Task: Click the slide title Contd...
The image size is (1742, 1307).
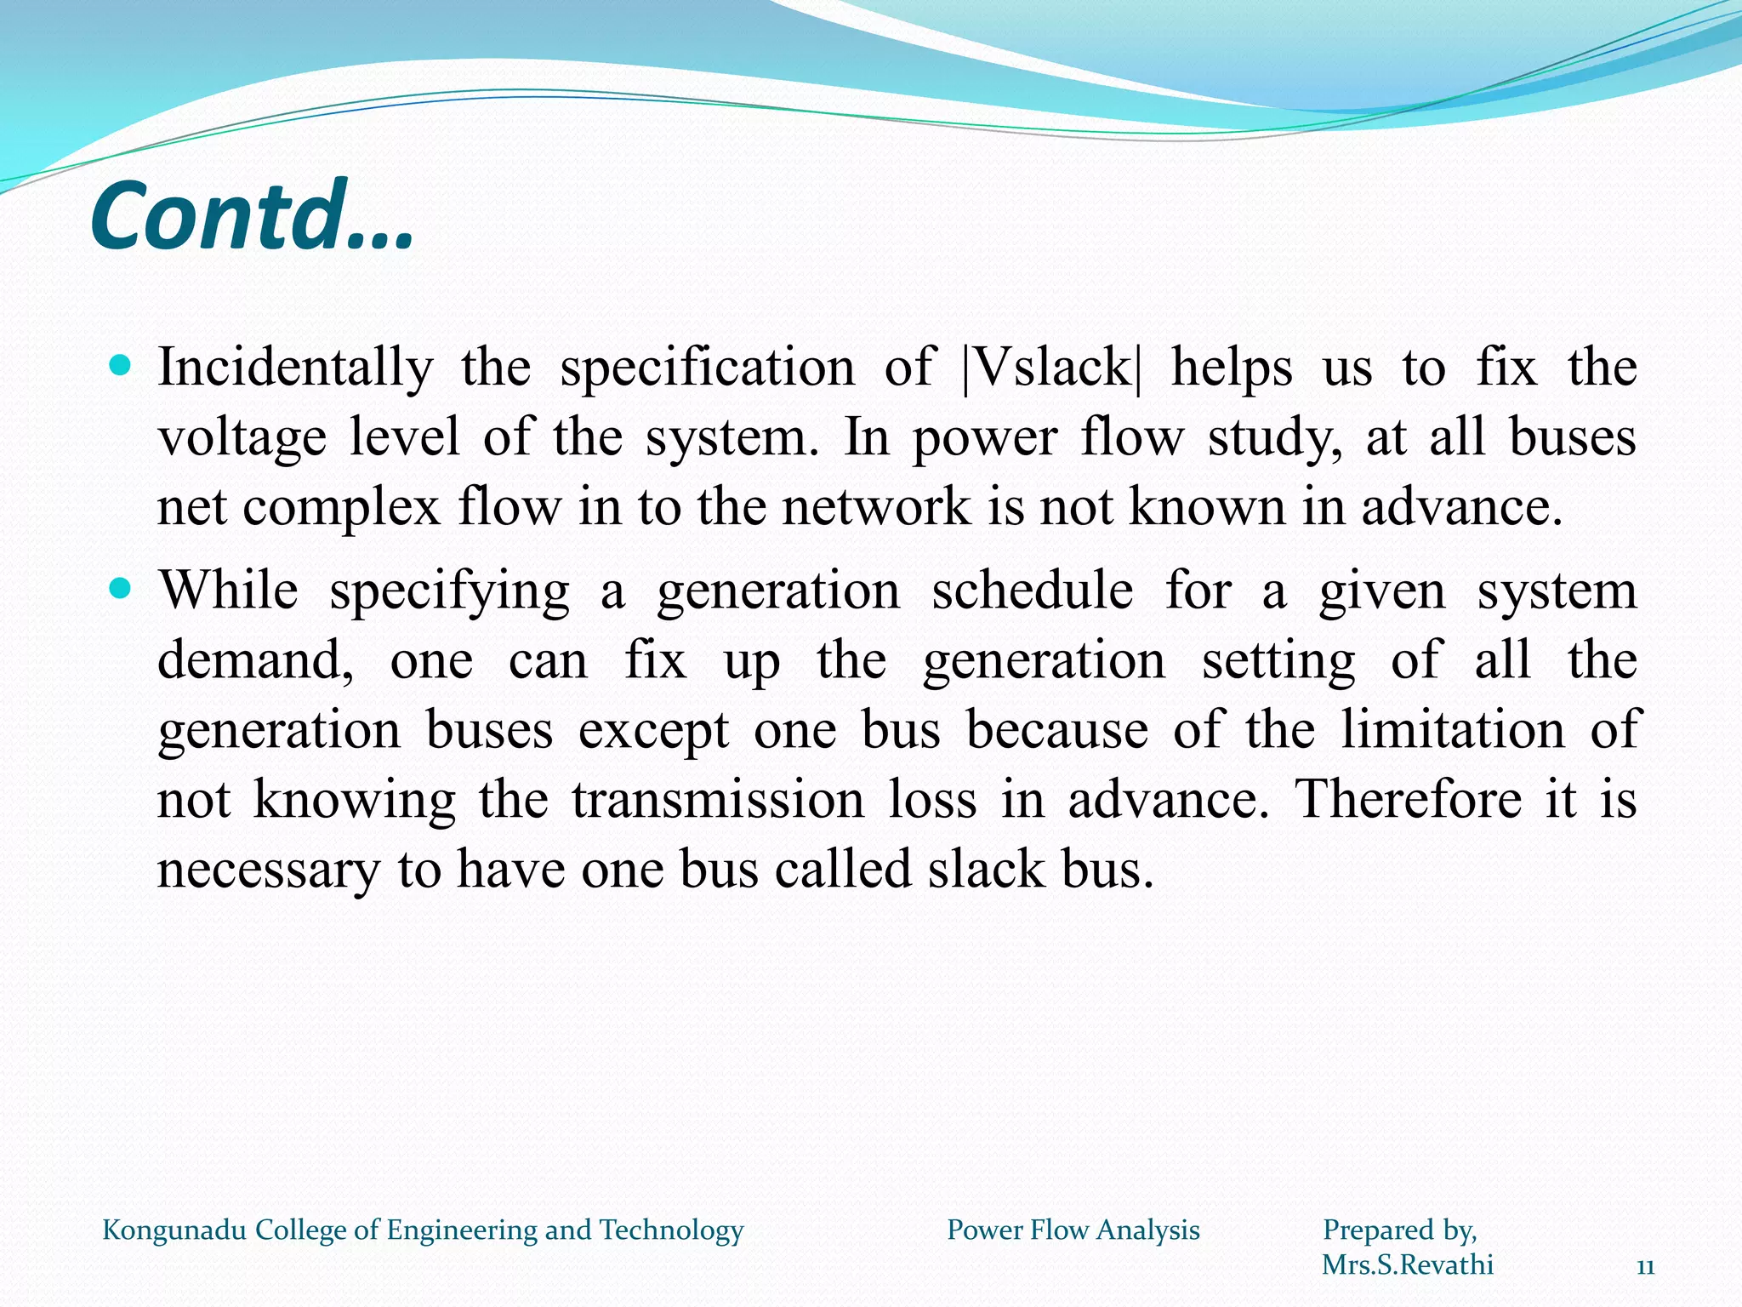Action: (x=252, y=216)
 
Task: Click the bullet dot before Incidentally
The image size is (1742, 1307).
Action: (x=121, y=366)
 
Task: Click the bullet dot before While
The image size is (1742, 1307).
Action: (x=121, y=588)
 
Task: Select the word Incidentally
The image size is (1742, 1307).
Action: (x=295, y=368)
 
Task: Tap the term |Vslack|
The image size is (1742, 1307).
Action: (x=1051, y=368)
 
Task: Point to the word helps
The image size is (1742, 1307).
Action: (x=1232, y=368)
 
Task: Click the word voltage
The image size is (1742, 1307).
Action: (x=242, y=438)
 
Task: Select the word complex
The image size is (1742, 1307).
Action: (x=341, y=507)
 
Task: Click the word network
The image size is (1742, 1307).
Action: (x=876, y=507)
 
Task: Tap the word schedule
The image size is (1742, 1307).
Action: (x=1032, y=591)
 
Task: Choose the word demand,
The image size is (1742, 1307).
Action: (x=256, y=660)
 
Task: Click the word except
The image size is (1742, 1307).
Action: (x=653, y=730)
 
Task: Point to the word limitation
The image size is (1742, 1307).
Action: (x=1453, y=730)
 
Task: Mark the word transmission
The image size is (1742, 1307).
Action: (x=717, y=800)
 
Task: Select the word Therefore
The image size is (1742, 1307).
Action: (x=1409, y=800)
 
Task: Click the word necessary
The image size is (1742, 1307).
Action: (x=269, y=870)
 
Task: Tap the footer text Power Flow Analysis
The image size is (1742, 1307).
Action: (x=1073, y=1230)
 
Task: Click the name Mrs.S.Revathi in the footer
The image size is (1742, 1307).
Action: (x=1408, y=1264)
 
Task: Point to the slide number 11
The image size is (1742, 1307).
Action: (x=1645, y=1268)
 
